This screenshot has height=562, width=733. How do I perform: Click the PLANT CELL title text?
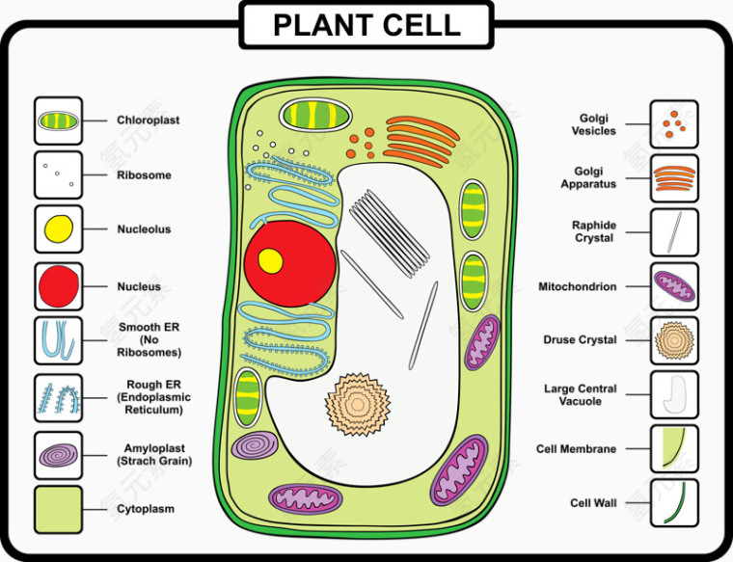366,25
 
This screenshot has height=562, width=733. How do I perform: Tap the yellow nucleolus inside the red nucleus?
270,260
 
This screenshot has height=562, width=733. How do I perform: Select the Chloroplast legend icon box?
58,121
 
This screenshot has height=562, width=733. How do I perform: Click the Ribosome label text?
144,175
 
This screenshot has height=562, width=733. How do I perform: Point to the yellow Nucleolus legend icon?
58,229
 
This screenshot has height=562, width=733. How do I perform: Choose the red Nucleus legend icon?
58,286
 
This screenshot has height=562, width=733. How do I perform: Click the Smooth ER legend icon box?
58,340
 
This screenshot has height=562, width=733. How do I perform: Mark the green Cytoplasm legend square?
58,509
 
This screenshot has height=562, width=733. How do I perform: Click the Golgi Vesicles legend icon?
674,124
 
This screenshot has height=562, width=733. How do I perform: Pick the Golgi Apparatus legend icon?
674,177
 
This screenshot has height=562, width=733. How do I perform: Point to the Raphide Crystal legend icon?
674,231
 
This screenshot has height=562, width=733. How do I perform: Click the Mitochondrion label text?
578,286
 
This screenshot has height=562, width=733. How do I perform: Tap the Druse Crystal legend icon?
674,340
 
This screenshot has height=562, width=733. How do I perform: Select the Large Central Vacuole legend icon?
674,394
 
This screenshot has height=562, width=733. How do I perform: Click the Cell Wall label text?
593,503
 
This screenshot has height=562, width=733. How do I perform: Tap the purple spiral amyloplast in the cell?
256,445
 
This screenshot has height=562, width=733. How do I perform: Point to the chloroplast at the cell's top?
314,116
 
